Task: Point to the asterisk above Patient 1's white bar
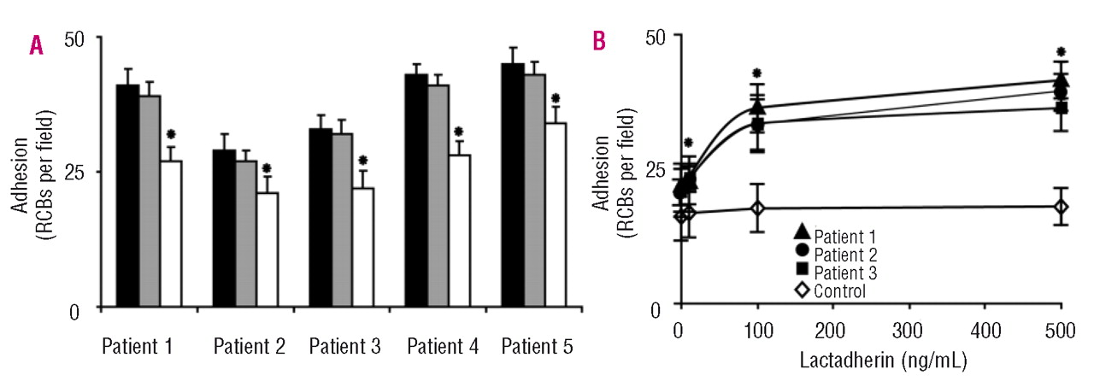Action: [171, 135]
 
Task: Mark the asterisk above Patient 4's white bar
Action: [459, 132]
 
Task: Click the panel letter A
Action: [36, 45]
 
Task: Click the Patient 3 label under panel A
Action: [344, 348]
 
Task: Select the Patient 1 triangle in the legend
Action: [802, 233]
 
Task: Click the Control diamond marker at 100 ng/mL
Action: [756, 208]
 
